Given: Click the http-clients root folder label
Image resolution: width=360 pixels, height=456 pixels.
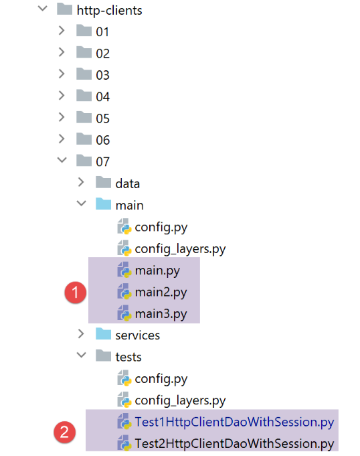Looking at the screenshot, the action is (109, 11).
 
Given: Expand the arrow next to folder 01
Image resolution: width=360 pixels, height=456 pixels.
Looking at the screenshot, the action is (62, 30).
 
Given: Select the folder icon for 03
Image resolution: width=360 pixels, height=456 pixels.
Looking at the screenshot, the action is (84, 74).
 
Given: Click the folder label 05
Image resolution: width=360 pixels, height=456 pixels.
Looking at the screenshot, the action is (102, 119).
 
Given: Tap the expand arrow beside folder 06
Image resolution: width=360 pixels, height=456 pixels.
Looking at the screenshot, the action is (62, 139).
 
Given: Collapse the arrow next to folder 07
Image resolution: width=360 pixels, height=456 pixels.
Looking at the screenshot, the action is (62, 160).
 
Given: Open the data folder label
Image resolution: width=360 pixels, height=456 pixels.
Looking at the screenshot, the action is (128, 183).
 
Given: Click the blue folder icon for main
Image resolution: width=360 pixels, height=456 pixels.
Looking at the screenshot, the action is (104, 204).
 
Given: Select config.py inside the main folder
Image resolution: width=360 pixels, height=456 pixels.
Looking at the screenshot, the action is (161, 228).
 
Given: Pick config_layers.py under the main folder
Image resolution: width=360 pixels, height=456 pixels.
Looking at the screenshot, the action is (180, 249).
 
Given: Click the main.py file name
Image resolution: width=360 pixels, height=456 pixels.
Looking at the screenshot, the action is (157, 271).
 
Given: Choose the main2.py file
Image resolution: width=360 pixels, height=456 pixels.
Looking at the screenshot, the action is (161, 293).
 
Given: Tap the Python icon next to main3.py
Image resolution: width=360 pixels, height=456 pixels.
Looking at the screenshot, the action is (124, 313).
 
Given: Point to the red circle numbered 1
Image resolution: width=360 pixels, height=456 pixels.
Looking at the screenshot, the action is (76, 292).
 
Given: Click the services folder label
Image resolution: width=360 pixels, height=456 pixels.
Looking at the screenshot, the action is (137, 335).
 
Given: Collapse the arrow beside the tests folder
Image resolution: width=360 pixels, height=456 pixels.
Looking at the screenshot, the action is (82, 355).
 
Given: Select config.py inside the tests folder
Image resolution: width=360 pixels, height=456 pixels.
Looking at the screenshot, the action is (161, 379).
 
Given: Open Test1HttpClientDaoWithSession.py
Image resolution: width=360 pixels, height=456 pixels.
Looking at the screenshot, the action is (234, 423).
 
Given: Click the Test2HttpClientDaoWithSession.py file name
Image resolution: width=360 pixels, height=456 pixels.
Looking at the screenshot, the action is (234, 444).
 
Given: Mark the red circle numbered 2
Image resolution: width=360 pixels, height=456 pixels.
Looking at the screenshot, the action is (64, 432).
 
